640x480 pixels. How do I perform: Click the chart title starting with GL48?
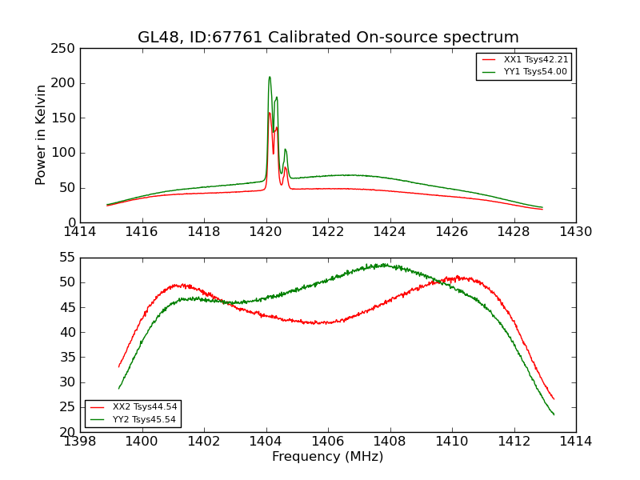(x=328, y=38)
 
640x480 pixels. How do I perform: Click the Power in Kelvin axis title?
(x=42, y=135)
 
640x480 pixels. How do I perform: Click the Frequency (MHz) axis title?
(x=328, y=457)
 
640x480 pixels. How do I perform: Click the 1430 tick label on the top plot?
(x=576, y=231)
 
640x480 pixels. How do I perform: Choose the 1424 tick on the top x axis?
(x=390, y=231)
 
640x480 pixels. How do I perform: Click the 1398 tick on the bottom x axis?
(x=80, y=441)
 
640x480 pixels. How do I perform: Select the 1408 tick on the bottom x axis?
(x=390, y=441)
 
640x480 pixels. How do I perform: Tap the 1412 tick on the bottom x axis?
(x=514, y=441)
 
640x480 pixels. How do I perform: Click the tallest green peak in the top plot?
(x=270, y=77)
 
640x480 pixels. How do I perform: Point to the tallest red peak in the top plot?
(x=269, y=112)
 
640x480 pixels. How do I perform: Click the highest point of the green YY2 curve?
(x=384, y=264)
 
